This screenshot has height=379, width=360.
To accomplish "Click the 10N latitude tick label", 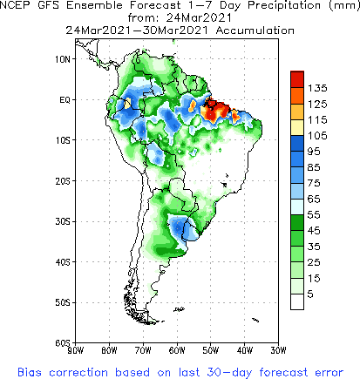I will (x=62, y=58).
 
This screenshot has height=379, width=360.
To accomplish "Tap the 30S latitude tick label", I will (x=62, y=221).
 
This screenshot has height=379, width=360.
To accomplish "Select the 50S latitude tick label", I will (x=62, y=302).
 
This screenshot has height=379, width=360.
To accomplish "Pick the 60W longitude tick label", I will (x=177, y=350).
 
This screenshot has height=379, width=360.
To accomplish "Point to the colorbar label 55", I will (x=316, y=213).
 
